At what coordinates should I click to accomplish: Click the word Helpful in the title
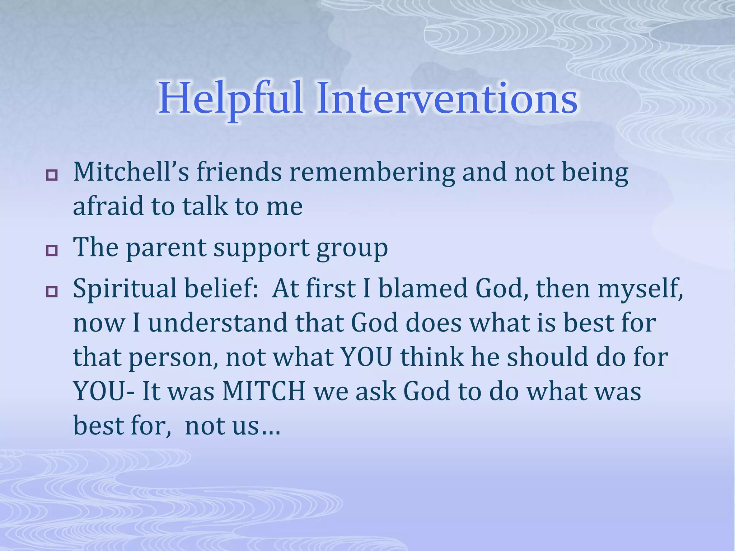coord(230,99)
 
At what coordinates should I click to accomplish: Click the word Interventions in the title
coord(447,99)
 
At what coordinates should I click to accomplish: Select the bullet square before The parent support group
coord(52,251)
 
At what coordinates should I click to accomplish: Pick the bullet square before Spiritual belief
coord(52,292)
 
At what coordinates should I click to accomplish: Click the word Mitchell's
coord(131,172)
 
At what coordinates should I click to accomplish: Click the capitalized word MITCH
coord(264,391)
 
